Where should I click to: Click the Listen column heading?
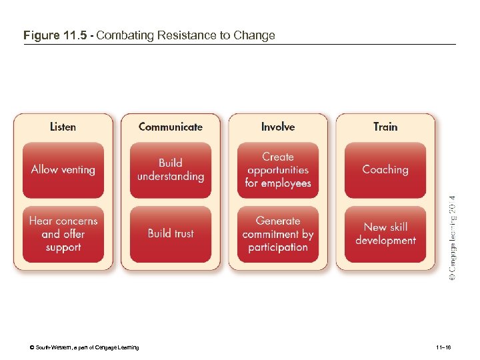(x=63, y=127)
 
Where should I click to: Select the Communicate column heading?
(x=170, y=127)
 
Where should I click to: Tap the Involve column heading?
(x=278, y=127)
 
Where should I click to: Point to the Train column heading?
(x=385, y=127)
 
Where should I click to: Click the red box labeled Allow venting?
(x=63, y=170)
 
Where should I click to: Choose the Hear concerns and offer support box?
(x=63, y=234)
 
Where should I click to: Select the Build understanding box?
(x=171, y=170)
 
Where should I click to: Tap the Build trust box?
(x=171, y=233)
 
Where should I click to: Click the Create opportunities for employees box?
(x=278, y=170)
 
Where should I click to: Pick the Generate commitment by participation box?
(x=278, y=234)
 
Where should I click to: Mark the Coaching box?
(x=385, y=170)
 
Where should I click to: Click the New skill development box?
(x=385, y=234)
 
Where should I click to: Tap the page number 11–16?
(x=443, y=347)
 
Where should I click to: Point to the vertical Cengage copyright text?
(x=452, y=237)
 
